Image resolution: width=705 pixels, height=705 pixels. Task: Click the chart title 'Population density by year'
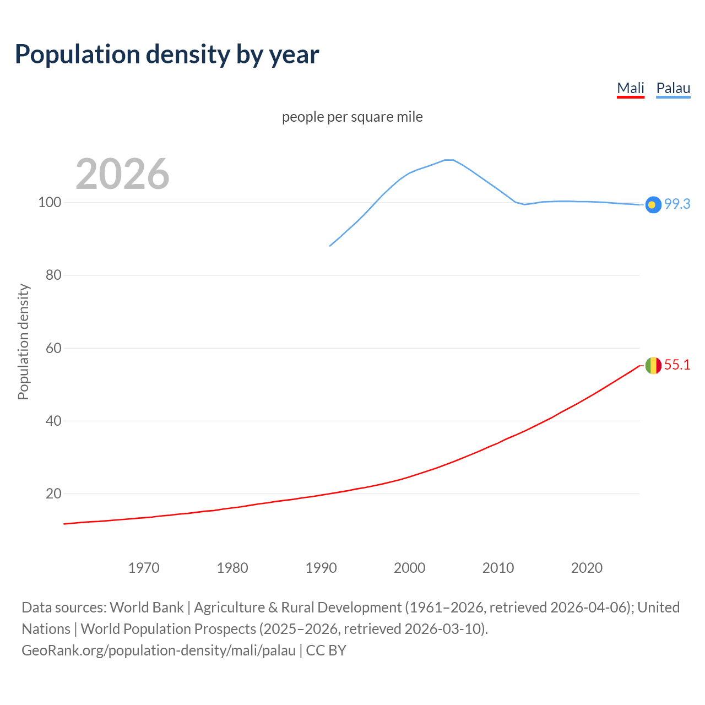(167, 55)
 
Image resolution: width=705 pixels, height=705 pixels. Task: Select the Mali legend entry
(630, 88)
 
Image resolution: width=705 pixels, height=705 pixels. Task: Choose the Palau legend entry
(673, 88)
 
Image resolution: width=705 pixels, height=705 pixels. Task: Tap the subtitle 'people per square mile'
(352, 117)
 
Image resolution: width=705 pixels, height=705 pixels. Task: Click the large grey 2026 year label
(122, 174)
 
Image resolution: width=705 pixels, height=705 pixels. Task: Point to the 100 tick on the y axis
(50, 203)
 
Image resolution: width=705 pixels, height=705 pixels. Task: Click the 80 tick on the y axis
(53, 275)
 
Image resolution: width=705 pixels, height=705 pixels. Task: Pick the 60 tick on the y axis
(53, 348)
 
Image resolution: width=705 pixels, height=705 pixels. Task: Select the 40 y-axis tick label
(53, 421)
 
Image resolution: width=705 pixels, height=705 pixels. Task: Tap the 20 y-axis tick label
(53, 493)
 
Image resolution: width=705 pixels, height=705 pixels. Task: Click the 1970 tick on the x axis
(144, 568)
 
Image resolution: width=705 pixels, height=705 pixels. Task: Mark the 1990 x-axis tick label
(321, 568)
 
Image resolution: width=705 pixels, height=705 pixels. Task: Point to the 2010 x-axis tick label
(498, 568)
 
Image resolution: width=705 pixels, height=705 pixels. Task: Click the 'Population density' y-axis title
(23, 341)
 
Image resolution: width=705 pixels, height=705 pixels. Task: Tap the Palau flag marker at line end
(653, 204)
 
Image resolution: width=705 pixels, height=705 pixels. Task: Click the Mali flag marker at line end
(653, 365)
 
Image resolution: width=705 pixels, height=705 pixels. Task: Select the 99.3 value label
(677, 204)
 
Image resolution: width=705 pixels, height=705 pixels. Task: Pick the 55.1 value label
(677, 365)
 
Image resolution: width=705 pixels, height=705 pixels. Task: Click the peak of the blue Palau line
(449, 160)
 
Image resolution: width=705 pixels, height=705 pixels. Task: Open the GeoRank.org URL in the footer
(159, 650)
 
